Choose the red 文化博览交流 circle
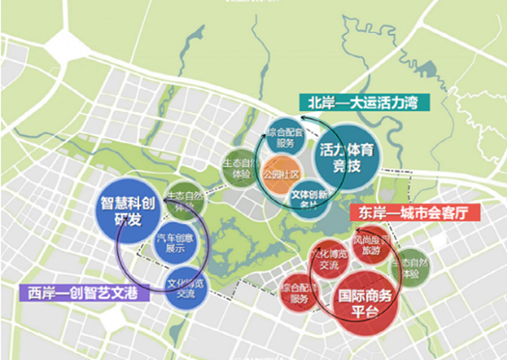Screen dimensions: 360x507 click(x=327, y=259)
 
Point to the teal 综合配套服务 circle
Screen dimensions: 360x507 click(x=284, y=137)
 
